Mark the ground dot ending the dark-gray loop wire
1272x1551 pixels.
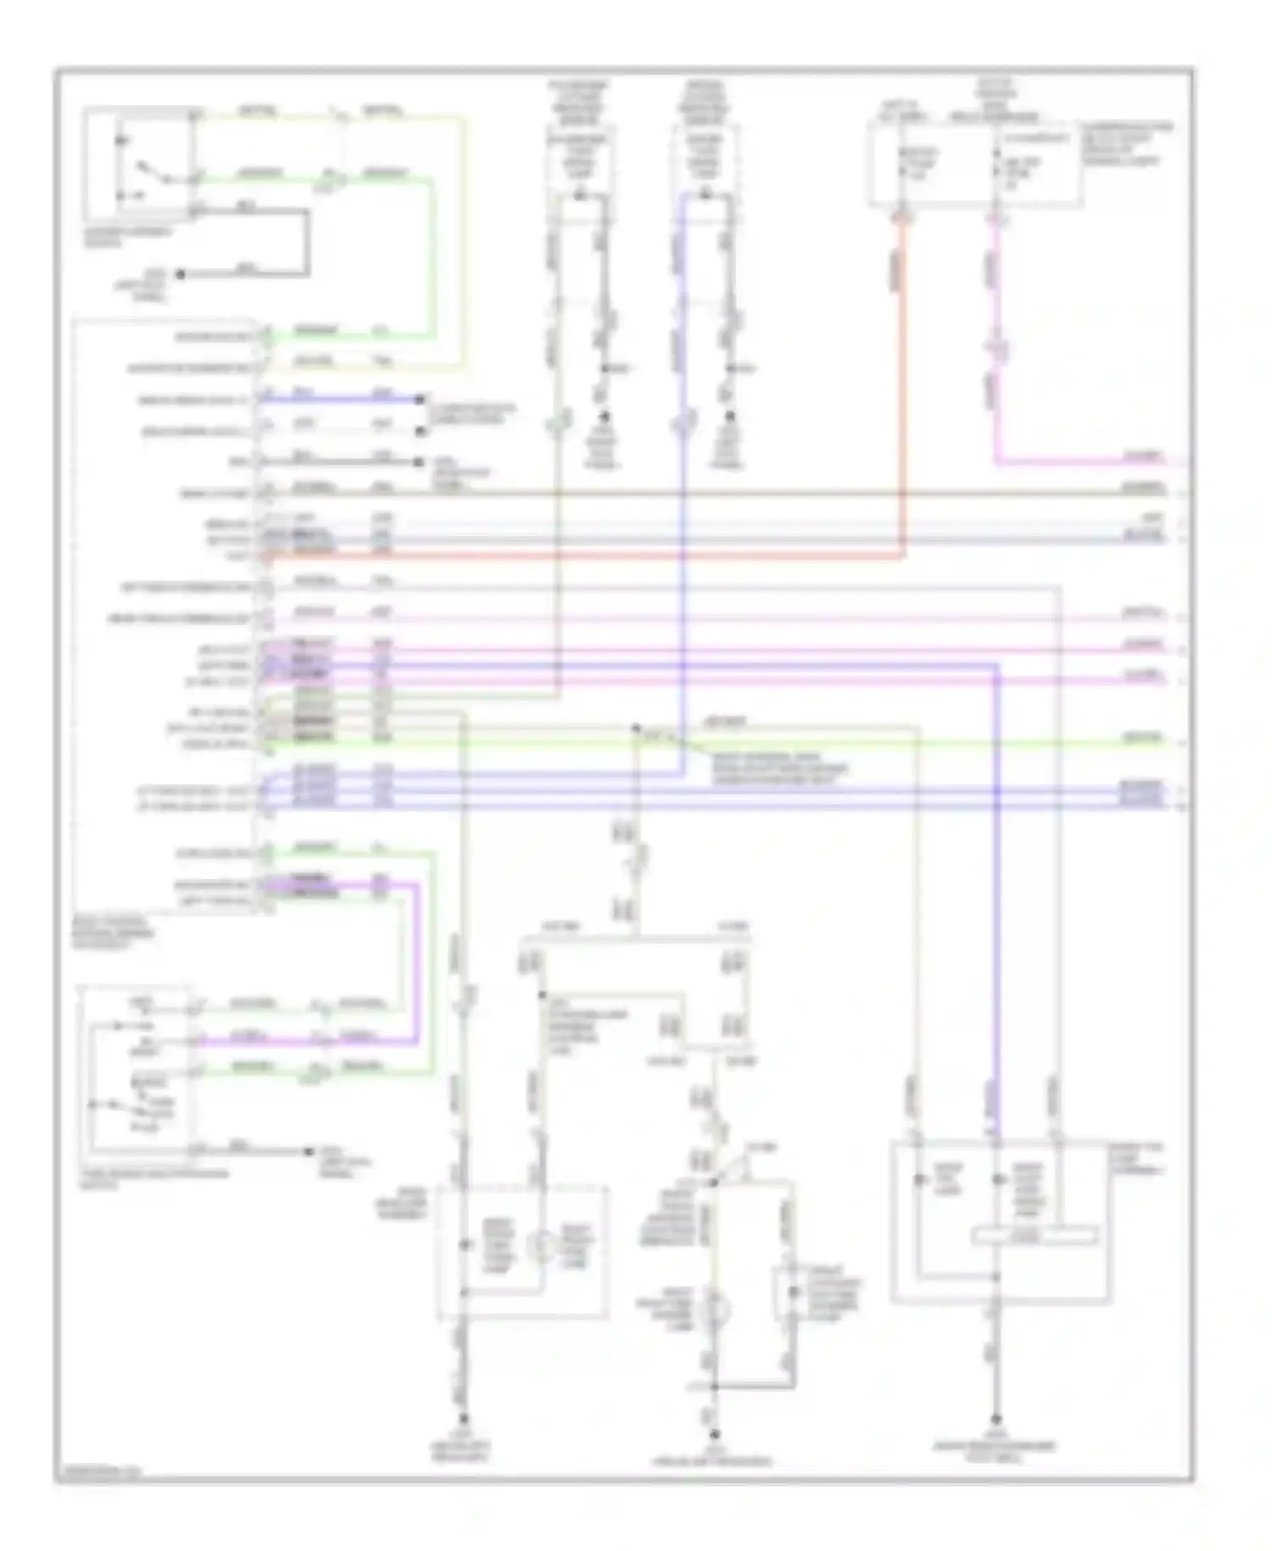click(x=179, y=274)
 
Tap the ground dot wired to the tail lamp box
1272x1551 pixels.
click(x=996, y=1419)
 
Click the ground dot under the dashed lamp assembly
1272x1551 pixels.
click(x=464, y=1417)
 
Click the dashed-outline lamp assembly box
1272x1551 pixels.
click(x=522, y=1252)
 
